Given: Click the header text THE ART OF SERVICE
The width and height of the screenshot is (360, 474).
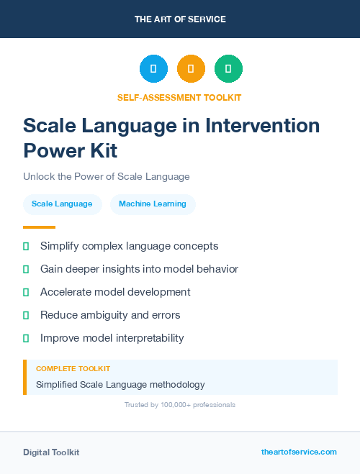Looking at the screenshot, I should (x=180, y=19).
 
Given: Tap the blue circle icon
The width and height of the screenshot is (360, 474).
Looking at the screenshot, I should (x=153, y=69).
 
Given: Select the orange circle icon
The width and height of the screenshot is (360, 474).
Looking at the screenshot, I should (x=191, y=69).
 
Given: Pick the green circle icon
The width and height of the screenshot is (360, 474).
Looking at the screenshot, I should (x=228, y=69).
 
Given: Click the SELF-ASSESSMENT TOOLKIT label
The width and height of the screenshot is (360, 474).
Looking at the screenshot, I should (x=180, y=97).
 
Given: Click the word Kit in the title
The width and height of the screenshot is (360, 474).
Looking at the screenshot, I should (x=101, y=151).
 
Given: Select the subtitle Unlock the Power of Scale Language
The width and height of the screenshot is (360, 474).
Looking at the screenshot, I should (x=106, y=176).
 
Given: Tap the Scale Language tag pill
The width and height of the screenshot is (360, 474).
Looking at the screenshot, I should (x=62, y=204).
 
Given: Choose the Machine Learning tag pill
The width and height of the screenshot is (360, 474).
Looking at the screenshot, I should (x=153, y=204).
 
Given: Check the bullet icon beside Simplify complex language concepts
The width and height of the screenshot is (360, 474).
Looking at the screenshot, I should (x=26, y=246).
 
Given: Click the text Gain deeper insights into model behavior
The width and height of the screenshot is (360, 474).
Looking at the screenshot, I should (x=139, y=269).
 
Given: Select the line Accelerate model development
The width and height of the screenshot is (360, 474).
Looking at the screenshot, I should (x=115, y=292).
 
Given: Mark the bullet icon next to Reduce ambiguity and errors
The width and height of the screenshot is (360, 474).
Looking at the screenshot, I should (x=26, y=315).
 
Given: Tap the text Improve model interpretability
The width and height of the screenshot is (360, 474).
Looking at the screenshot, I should (x=112, y=338).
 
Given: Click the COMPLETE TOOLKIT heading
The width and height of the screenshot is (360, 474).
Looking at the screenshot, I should (x=73, y=368).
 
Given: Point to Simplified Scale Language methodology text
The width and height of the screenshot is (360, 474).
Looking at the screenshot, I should (x=120, y=385).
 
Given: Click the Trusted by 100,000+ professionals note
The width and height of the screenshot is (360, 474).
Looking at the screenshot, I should (x=180, y=405).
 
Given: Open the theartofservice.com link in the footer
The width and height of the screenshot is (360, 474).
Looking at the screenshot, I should (x=299, y=452).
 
